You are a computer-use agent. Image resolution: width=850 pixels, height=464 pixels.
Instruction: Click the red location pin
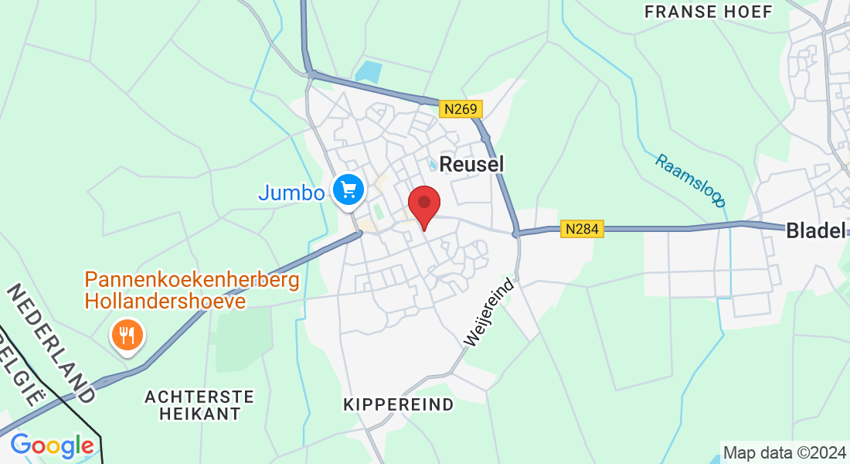point(423,204)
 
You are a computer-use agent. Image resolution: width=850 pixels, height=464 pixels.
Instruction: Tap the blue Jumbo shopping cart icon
point(348,188)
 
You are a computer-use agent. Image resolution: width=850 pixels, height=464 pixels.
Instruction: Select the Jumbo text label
point(291,192)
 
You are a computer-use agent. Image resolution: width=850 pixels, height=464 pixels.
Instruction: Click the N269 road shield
point(461,109)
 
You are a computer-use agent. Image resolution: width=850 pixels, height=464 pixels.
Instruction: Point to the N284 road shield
point(582,229)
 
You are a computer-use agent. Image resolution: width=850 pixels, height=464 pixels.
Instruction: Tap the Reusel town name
point(471,163)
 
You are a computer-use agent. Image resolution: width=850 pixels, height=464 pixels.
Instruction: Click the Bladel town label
point(816,230)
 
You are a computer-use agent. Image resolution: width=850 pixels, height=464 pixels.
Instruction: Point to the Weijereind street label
point(489,312)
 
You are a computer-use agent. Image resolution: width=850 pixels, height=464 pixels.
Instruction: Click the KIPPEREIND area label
point(398,404)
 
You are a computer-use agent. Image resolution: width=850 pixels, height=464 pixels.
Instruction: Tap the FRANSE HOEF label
point(708,12)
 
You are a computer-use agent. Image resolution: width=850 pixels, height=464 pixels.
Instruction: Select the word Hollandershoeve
point(165,301)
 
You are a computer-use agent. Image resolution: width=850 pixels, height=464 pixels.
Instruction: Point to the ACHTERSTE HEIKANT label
point(199,404)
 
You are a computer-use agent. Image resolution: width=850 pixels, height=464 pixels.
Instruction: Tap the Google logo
point(52,445)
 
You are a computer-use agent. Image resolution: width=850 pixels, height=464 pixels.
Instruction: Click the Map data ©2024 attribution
point(784,452)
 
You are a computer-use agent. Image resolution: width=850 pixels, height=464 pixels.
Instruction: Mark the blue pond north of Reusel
point(369,72)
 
